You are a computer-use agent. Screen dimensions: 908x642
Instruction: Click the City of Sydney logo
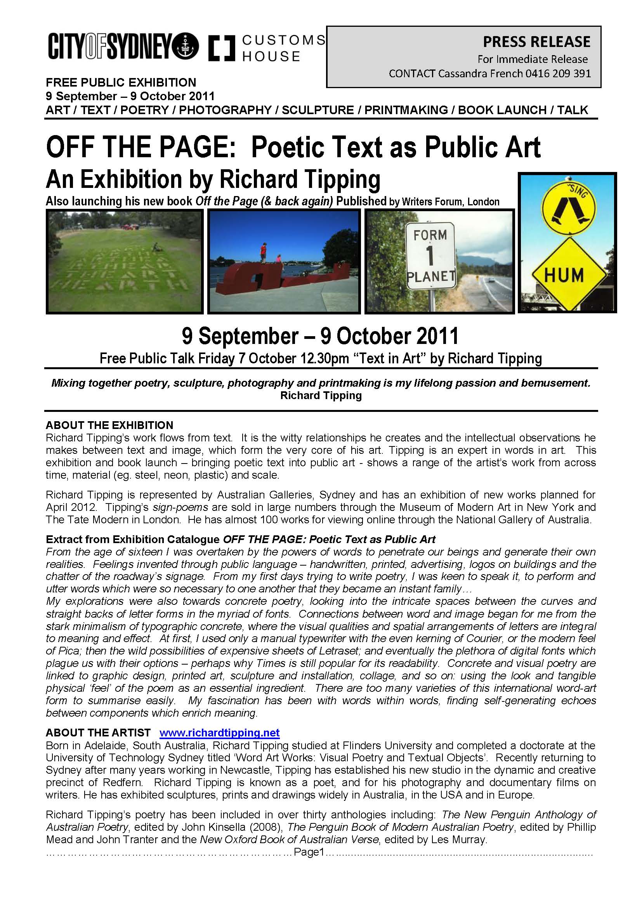[123, 46]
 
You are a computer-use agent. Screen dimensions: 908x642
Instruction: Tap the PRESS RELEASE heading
[536, 42]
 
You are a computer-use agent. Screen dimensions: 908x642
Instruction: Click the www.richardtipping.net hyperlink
[219, 733]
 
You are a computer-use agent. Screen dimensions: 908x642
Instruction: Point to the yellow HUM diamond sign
[564, 275]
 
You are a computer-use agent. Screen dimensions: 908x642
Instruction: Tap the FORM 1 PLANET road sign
[430, 256]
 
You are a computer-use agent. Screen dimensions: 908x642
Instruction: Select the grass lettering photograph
[125, 261]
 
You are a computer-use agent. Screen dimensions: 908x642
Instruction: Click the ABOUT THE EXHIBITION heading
[109, 425]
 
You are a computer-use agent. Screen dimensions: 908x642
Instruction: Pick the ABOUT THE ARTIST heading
[98, 733]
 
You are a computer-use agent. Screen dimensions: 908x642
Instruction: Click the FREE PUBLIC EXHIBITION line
[121, 82]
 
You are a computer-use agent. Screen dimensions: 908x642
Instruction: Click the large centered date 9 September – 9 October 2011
[320, 336]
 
